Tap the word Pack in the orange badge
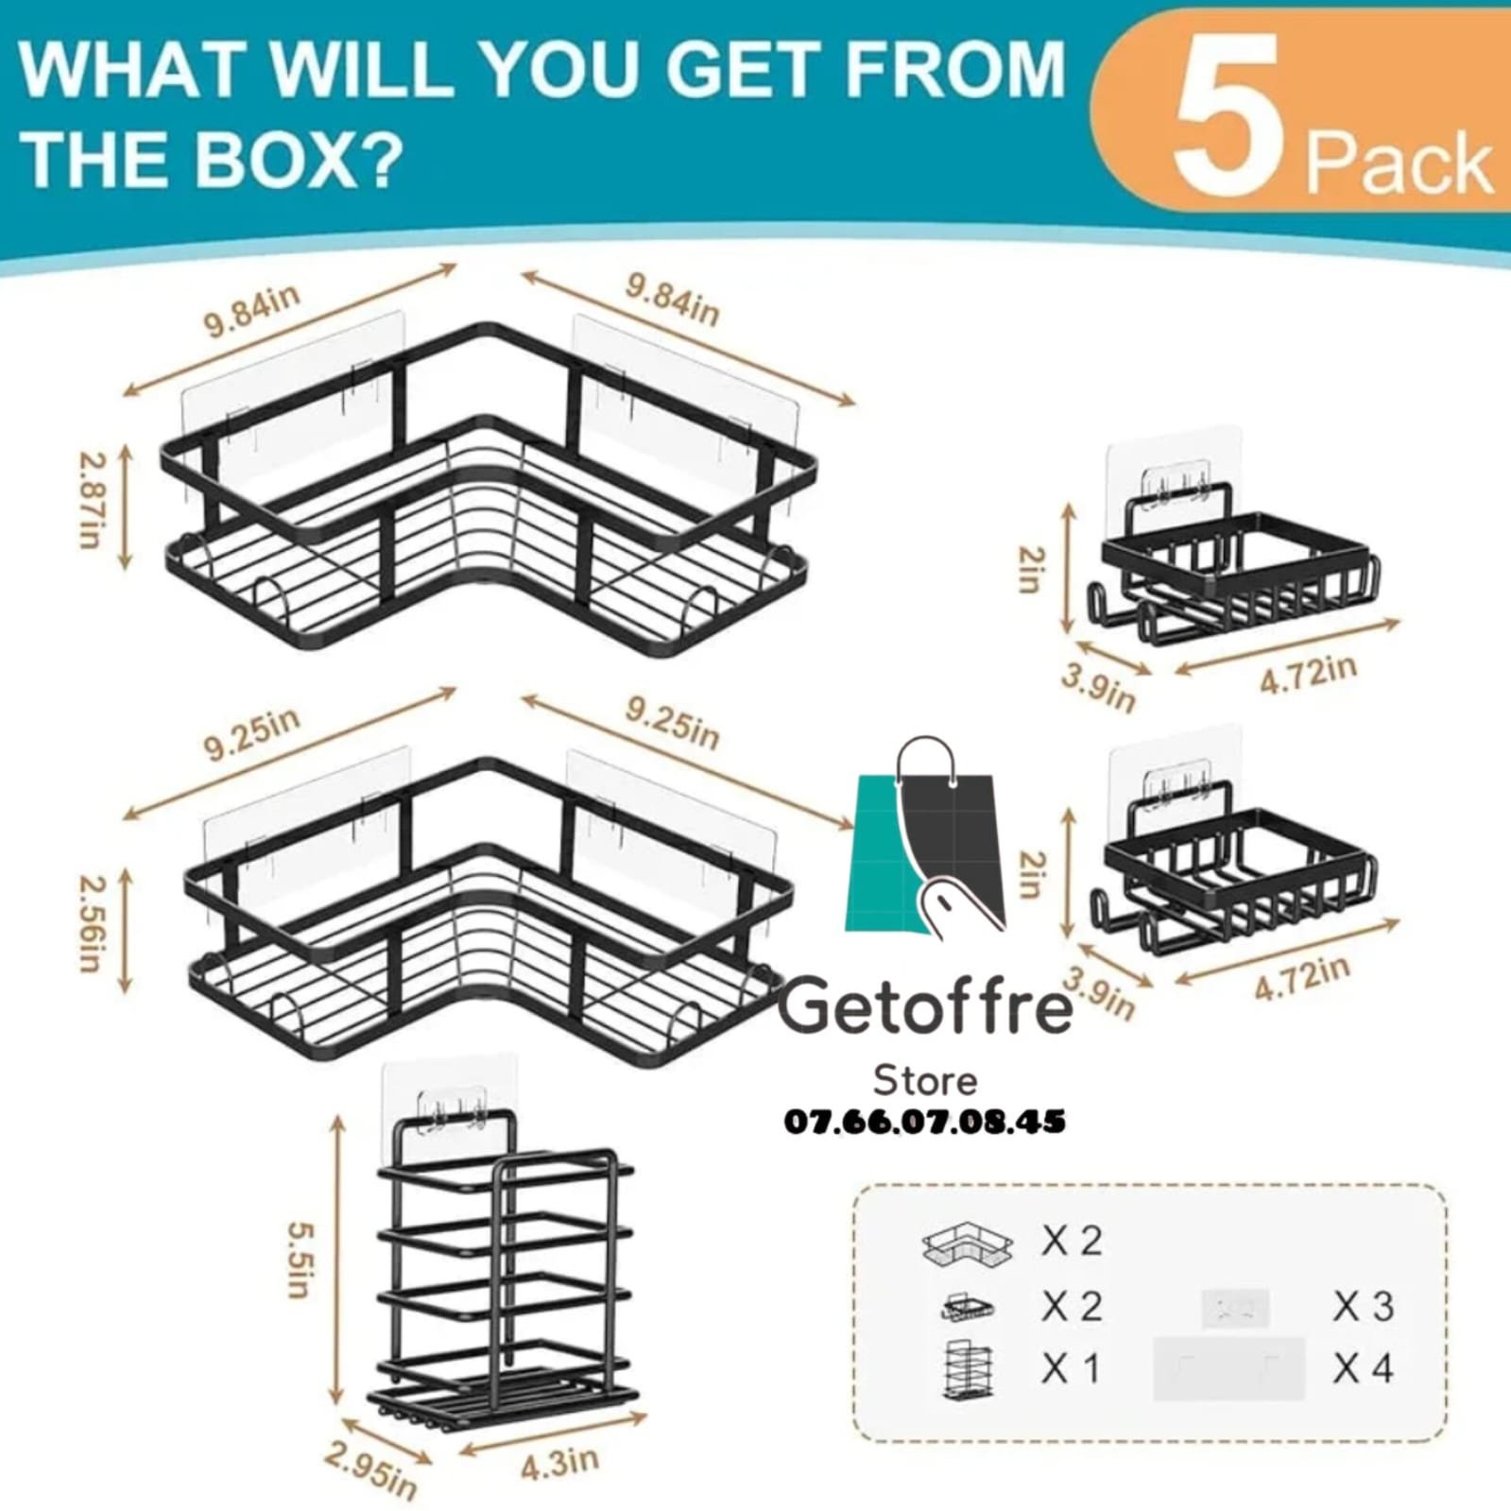(1399, 165)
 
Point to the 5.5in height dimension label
(301, 1260)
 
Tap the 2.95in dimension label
(370, 1469)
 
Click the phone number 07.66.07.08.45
(925, 1122)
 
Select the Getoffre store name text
(925, 1005)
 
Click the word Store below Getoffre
(925, 1079)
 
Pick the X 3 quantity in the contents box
(1364, 1307)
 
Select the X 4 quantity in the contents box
(1364, 1367)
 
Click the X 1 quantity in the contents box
(1071, 1367)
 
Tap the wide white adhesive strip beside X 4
(1228, 1367)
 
